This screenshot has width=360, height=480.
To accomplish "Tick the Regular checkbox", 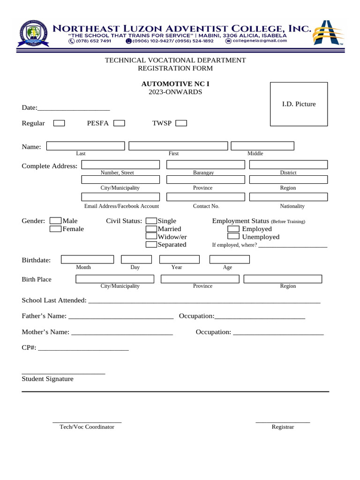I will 59,123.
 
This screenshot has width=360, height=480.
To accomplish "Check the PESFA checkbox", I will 119,123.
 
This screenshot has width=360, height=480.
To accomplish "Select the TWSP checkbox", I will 181,123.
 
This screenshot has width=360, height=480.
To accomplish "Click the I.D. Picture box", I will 299,104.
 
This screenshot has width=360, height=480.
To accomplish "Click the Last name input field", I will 85,146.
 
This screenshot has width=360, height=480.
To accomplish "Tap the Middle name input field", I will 262,146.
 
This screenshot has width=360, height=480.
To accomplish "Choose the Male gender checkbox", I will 55,221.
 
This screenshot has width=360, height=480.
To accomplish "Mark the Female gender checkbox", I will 55,229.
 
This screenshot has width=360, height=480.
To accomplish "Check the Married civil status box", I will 151,229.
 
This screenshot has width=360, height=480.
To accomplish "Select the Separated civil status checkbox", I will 151,245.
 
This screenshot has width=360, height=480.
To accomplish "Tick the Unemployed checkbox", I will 233,237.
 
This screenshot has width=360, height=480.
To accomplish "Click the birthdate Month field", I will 87,260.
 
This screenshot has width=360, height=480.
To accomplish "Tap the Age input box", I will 229,260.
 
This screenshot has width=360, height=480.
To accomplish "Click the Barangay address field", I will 205,165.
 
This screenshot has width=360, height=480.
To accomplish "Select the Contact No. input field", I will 205,197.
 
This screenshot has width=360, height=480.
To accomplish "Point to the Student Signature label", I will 47,379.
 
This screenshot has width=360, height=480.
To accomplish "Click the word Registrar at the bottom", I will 283,427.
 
